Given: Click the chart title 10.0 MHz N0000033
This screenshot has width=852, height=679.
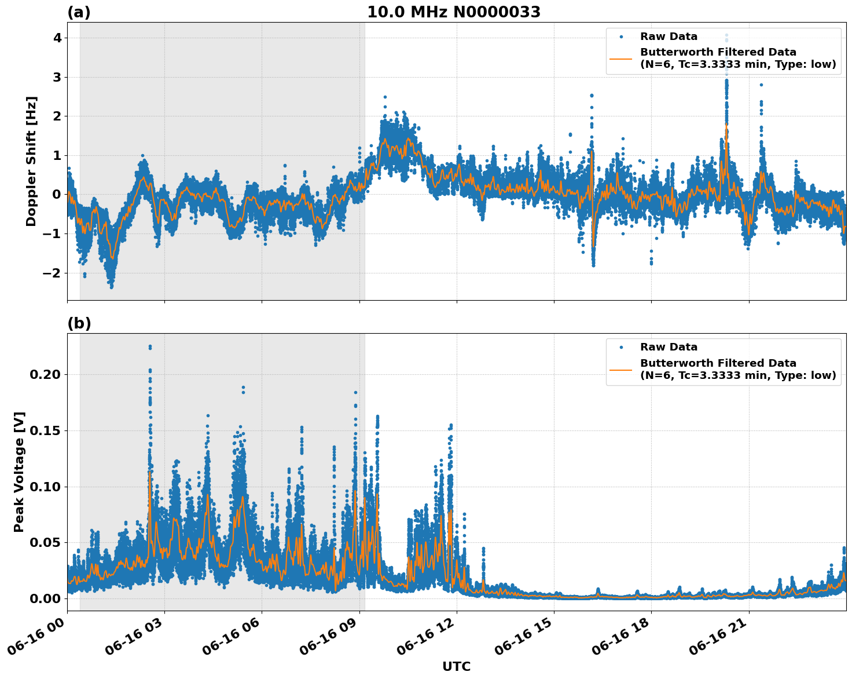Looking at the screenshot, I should [454, 12].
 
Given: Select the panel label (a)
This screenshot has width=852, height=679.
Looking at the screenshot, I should [79, 12].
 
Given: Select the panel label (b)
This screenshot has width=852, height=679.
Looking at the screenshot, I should [79, 323].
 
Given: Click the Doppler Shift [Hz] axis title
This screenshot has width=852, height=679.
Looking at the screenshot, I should [31, 161].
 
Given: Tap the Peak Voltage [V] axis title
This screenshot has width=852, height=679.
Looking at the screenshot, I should [19, 472].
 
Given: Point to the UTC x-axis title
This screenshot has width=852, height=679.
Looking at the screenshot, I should [456, 666].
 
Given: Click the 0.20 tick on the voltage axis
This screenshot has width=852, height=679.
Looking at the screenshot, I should [45, 375].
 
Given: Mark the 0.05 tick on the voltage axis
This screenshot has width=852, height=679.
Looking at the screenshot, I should [45, 543].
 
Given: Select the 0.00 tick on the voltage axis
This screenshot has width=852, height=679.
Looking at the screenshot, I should [45, 598].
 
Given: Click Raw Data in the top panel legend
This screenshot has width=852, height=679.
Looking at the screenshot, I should [669, 37].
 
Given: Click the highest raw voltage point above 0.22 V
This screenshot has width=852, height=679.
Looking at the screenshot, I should [150, 346].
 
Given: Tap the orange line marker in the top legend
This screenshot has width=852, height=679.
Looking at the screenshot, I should [621, 59].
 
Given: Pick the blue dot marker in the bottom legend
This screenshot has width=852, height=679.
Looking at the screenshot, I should [621, 348].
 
